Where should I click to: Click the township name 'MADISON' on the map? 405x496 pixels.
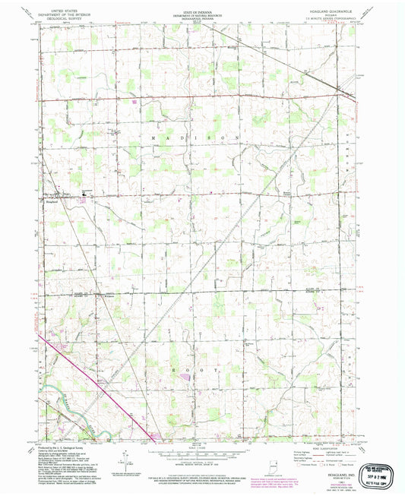pos(202,135)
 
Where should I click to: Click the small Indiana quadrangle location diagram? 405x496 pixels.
pos(276,463)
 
